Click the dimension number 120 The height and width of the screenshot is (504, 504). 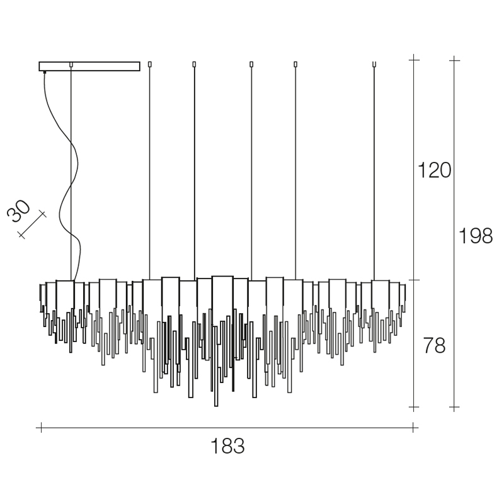[434, 170]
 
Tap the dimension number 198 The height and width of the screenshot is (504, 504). [476, 236]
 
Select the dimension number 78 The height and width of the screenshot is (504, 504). [434, 345]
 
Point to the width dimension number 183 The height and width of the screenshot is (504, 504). [227, 446]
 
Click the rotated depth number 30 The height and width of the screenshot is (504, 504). [19, 211]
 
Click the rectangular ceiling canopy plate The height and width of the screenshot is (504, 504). [89, 66]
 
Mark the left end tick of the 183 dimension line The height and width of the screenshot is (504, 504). [41, 428]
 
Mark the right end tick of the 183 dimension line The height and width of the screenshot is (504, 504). [413, 428]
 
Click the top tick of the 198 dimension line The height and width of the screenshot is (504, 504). [454, 60]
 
